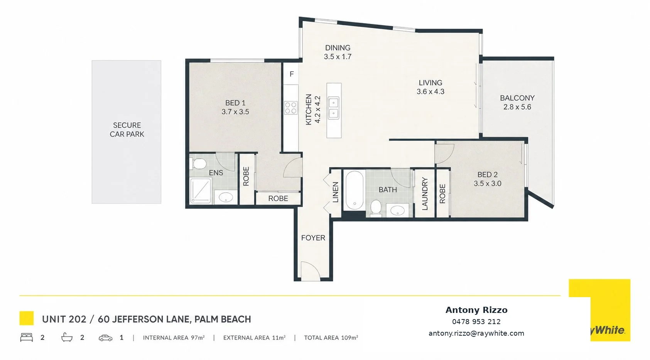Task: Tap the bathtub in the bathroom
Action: coord(354,190)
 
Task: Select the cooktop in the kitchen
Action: coord(290,108)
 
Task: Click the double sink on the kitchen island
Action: coord(333,108)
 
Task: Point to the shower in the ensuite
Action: coord(201,191)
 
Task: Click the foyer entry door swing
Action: coord(310,271)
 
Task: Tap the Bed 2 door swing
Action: coord(444,154)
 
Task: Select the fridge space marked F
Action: coord(291,74)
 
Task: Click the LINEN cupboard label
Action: coord(336,192)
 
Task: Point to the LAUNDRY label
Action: coord(425,194)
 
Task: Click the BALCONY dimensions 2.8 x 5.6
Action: coord(517,107)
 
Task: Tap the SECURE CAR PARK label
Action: coord(127,130)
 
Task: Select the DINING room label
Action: coord(338,47)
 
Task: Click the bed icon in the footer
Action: coord(26,337)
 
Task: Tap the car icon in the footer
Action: coord(105,338)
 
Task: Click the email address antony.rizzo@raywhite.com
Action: coord(476,333)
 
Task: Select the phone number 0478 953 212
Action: coord(476,322)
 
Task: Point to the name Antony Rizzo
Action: coord(476,310)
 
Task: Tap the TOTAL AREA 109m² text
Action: coord(331,338)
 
